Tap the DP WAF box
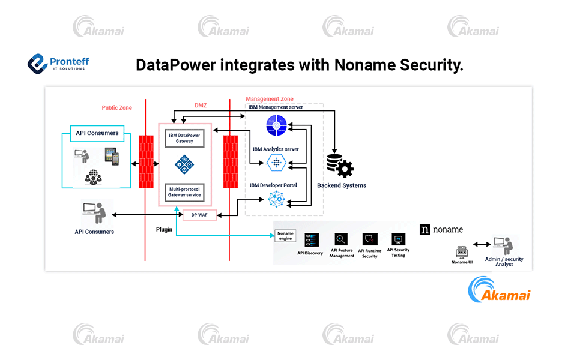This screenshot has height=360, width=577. click(x=199, y=215)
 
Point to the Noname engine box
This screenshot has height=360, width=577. click(x=286, y=236)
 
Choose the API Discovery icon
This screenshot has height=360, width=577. click(x=311, y=239)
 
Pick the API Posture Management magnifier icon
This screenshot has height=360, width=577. click(x=342, y=239)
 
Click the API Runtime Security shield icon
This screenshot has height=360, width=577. click(x=370, y=239)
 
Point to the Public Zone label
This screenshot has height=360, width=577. click(x=116, y=108)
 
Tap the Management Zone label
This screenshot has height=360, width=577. click(x=270, y=99)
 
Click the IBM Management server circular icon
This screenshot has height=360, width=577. click(x=277, y=127)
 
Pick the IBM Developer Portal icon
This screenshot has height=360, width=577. click(x=276, y=199)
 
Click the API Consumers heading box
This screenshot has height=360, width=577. click(x=97, y=133)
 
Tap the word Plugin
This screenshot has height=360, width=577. click(x=164, y=229)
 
